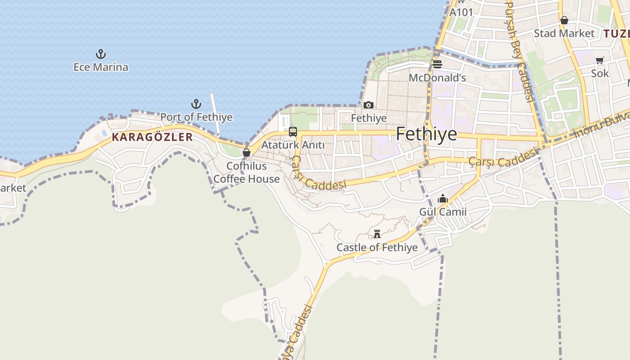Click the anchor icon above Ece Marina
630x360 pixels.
tap(101, 54)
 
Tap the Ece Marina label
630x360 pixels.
tap(101, 67)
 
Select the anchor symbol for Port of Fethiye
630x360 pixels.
tap(196, 104)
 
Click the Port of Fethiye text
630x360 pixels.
tap(197, 117)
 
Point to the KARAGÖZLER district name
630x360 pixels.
tap(152, 137)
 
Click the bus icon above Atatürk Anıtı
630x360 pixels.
tap(292, 132)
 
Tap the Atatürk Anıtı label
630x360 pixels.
tap(292, 145)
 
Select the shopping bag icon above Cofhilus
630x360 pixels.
tap(246, 153)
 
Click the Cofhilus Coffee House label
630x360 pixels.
tap(247, 172)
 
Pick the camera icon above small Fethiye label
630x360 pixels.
tap(369, 105)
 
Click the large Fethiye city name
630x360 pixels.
tap(426, 134)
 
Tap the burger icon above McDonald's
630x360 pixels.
tap(437, 64)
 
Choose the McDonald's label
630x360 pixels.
tap(437, 78)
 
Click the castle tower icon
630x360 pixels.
tap(377, 234)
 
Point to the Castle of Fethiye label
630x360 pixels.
tap(377, 247)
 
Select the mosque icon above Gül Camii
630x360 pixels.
tap(443, 198)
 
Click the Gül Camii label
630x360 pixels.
tap(443, 212)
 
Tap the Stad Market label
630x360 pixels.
tap(564, 33)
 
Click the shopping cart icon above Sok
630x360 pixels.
tap(600, 60)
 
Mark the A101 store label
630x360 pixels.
tap(461, 12)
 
